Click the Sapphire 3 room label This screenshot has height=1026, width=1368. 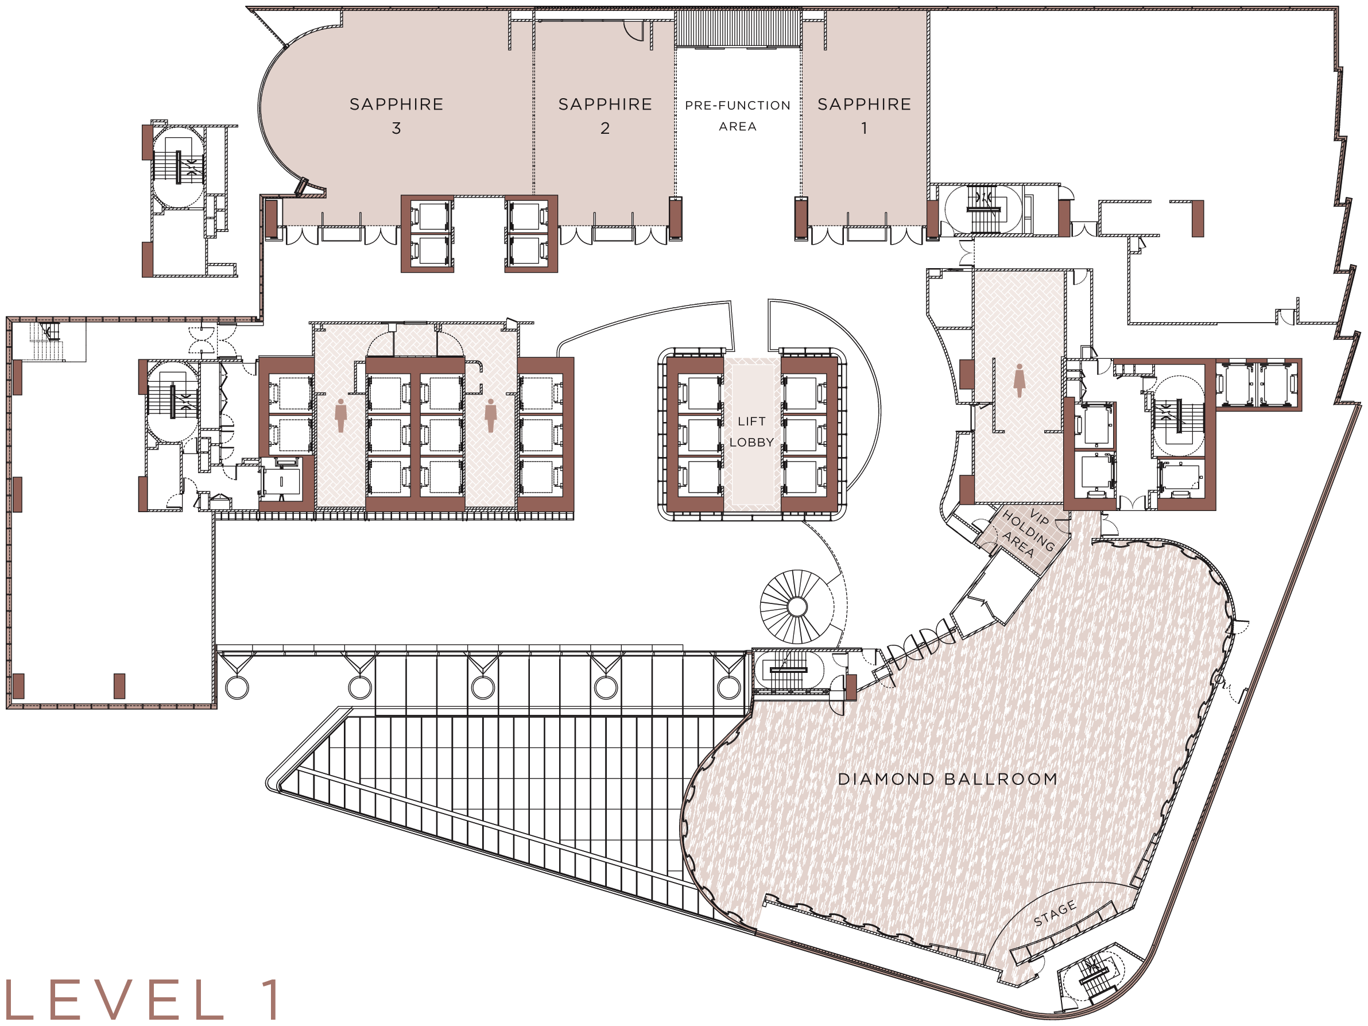[397, 115]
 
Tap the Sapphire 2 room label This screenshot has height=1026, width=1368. [605, 115]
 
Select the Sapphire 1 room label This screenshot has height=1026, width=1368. [864, 115]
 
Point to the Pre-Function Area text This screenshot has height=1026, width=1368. [737, 115]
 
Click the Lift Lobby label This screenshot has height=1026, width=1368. [751, 432]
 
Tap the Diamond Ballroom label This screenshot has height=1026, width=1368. [947, 779]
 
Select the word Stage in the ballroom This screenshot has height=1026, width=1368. [1055, 913]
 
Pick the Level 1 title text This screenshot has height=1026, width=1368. [141, 1000]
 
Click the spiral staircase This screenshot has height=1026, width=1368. [797, 607]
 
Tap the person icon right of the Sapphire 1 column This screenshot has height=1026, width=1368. [1019, 380]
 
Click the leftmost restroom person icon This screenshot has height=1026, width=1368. [340, 415]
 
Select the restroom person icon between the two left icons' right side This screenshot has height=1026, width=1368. [490, 415]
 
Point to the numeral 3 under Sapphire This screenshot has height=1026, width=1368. [397, 128]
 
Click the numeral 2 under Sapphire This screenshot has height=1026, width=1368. [605, 128]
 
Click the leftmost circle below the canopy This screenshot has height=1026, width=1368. [237, 688]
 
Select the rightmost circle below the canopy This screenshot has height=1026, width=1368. [729, 688]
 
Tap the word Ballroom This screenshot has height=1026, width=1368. [1002, 779]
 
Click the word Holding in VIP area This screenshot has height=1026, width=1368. [1028, 531]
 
